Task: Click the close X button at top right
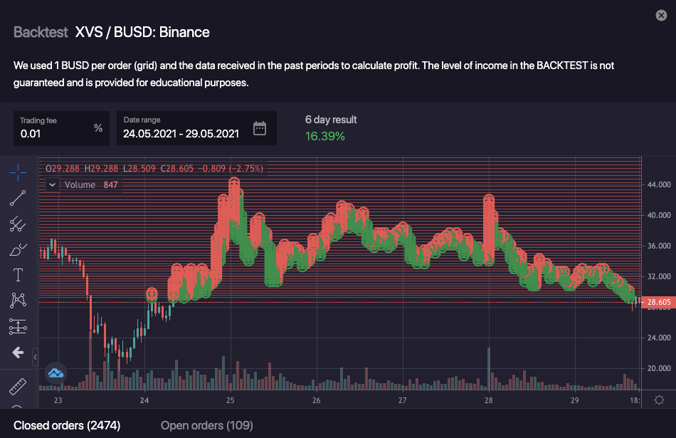click(661, 16)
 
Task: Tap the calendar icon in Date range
click(260, 128)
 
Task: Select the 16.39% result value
click(325, 136)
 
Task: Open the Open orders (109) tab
click(206, 425)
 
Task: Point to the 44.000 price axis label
click(659, 184)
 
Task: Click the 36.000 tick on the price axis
click(659, 246)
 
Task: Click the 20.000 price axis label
click(659, 368)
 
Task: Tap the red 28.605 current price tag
click(657, 303)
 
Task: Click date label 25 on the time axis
click(231, 401)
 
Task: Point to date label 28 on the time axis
click(489, 401)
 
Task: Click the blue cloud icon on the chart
click(56, 372)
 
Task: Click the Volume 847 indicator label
click(90, 184)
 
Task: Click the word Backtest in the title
click(41, 32)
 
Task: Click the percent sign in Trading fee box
click(98, 128)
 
